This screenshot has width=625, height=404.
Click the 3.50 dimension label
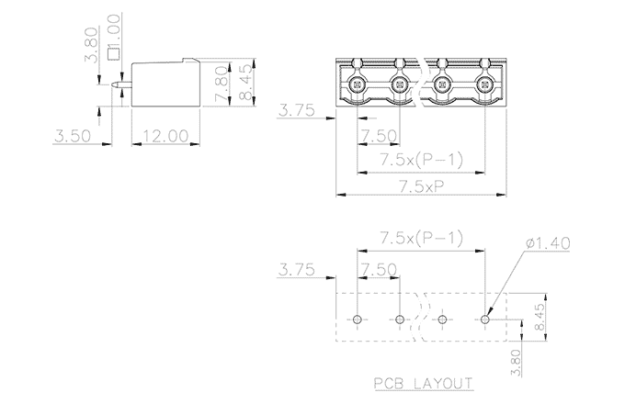pos(73,136)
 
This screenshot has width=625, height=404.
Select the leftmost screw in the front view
pos(358,85)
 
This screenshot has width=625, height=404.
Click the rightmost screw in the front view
pos(484,85)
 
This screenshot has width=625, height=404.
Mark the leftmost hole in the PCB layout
pos(358,319)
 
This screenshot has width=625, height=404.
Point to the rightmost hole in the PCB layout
pos(485,319)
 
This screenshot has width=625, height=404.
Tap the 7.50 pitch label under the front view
pos(379,137)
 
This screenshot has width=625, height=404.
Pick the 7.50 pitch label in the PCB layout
pos(379,270)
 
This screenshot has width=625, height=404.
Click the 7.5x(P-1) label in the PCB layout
pos(422,240)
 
